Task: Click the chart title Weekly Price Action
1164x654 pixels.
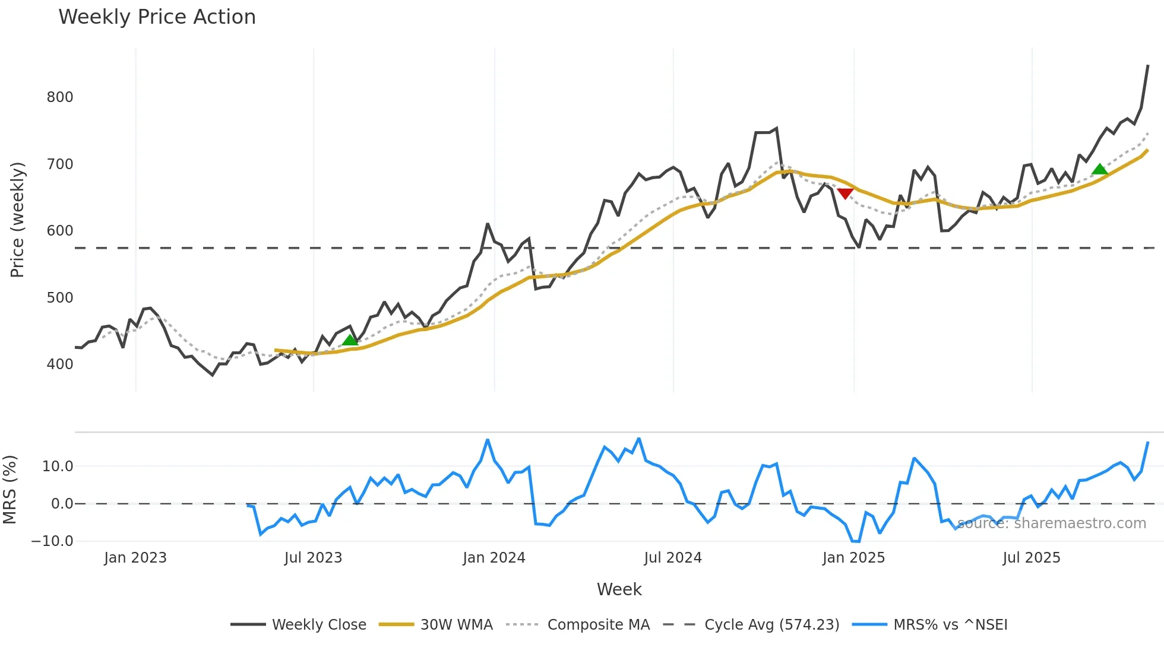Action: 157,17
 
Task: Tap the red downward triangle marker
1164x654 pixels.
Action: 845,193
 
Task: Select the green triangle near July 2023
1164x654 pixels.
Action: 350,340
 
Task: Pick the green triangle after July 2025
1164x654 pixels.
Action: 1099,170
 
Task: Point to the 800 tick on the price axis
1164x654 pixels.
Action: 60,97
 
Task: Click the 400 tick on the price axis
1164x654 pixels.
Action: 60,364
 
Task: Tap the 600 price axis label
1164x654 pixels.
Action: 60,231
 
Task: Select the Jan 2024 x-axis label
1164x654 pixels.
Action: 494,558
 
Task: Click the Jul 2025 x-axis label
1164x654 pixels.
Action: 1032,558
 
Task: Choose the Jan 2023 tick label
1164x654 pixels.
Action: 135,558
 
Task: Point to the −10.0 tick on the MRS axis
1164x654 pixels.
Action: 52,541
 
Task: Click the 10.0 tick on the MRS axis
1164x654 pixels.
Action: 58,466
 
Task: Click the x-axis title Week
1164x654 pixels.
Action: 619,589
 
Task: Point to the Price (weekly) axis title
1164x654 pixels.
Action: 17,220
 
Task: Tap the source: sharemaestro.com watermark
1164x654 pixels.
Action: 1052,523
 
